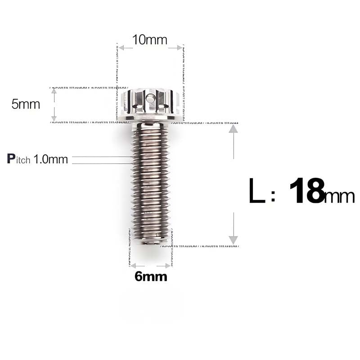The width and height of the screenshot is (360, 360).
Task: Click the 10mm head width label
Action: click(150, 40)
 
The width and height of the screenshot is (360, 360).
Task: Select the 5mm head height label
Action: click(26, 104)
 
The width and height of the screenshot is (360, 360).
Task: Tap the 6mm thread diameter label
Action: click(151, 277)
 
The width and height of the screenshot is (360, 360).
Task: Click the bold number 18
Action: click(307, 191)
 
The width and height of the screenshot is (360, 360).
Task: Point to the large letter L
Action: click(257, 191)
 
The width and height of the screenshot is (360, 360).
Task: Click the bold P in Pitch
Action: click(12, 158)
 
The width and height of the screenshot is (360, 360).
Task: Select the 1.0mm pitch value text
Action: click(51, 159)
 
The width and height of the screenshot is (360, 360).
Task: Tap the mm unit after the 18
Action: click(340, 196)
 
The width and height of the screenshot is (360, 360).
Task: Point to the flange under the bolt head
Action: click(151, 119)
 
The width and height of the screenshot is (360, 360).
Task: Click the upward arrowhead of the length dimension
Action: click(233, 129)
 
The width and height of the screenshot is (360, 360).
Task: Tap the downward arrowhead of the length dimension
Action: click(233, 239)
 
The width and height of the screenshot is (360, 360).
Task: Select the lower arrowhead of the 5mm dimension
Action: click(54, 118)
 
